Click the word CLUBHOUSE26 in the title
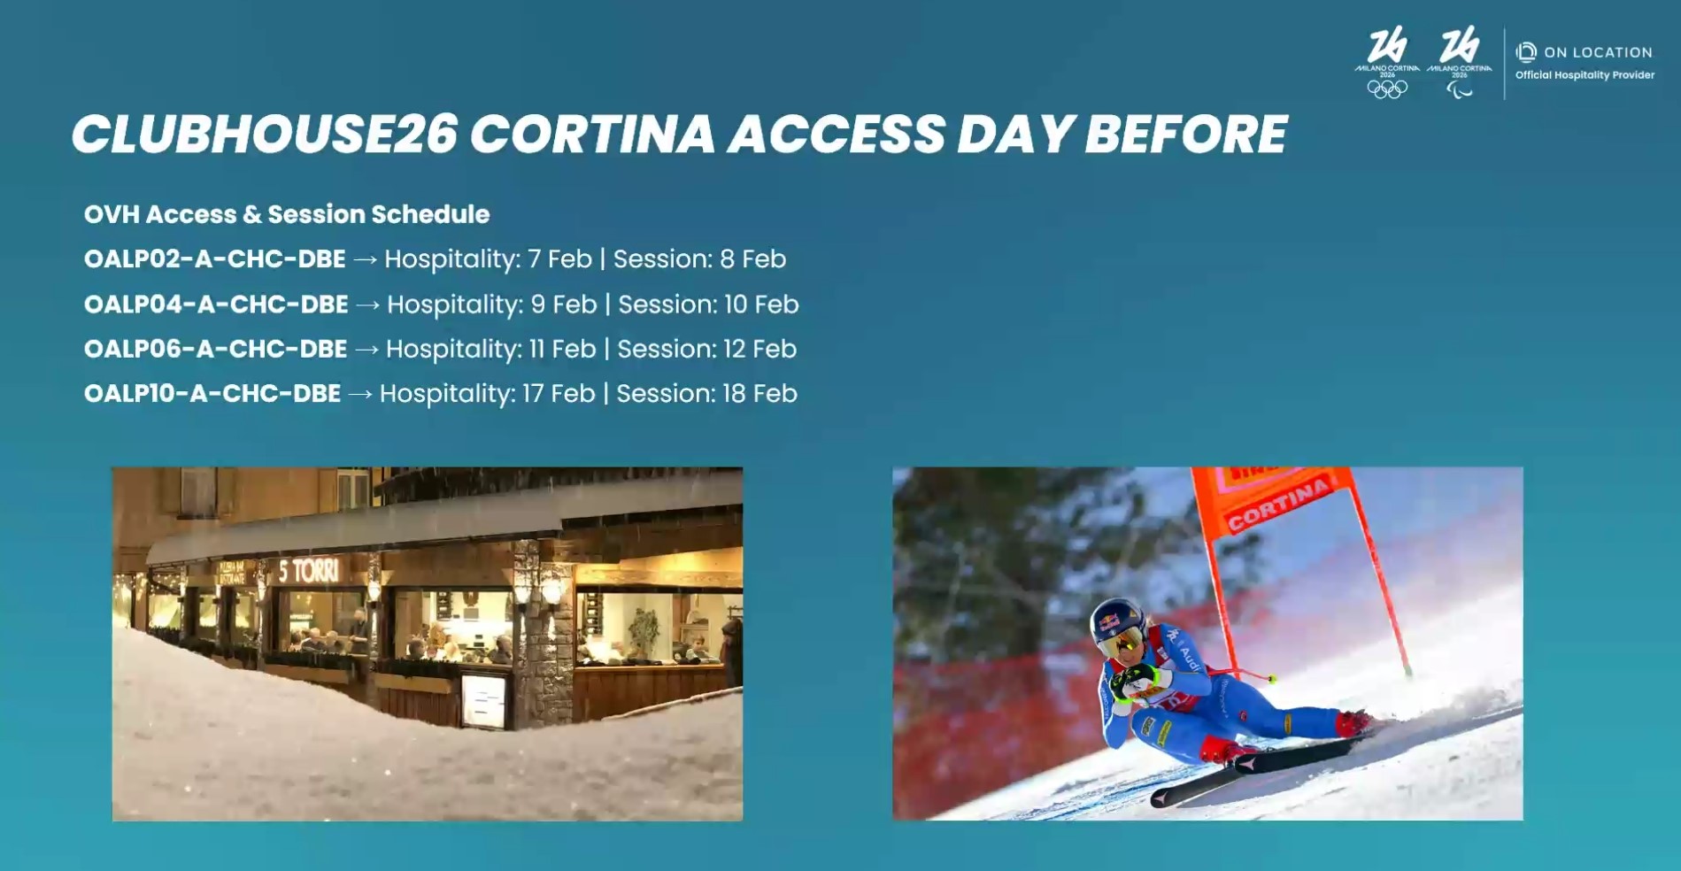point(264,135)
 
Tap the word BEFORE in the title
point(1185,135)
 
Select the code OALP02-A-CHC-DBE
point(214,259)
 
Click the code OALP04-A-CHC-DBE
point(216,304)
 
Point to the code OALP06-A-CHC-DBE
point(215,350)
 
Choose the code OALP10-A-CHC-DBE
point(212,394)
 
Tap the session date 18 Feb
point(760,394)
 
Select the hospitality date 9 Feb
point(563,304)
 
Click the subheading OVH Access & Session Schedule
point(287,214)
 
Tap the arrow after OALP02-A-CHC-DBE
point(365,260)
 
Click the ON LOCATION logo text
point(1597,53)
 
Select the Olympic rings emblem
point(1386,89)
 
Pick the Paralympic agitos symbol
point(1459,89)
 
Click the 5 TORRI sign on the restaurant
point(308,571)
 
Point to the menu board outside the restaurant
point(484,700)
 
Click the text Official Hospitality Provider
point(1585,75)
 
